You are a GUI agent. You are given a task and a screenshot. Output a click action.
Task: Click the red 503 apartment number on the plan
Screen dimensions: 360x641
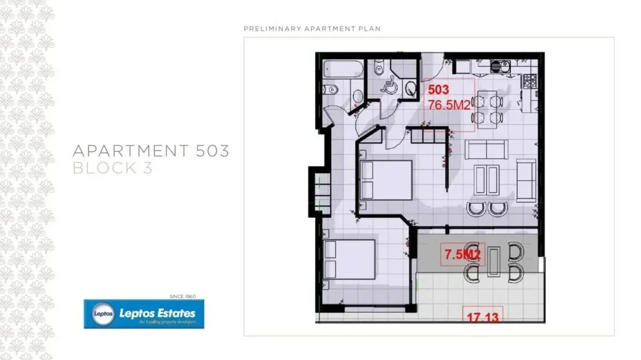(x=438, y=89)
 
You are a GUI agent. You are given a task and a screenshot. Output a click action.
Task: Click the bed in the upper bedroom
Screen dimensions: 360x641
(x=385, y=180)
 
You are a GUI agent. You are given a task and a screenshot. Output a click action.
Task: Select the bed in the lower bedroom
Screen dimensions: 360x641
(x=349, y=259)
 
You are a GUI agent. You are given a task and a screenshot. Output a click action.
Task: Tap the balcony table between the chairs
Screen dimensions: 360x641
(x=493, y=261)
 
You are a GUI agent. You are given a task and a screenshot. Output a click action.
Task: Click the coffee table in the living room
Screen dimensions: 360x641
(x=487, y=179)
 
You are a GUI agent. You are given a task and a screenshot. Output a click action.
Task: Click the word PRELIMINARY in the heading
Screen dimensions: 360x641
(x=272, y=29)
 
